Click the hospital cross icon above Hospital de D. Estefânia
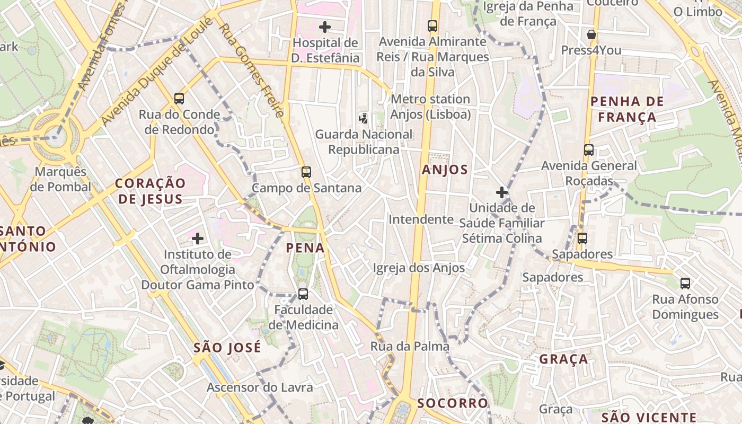[325, 26]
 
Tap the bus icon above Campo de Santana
[306, 172]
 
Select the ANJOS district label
[445, 170]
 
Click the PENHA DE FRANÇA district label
[626, 109]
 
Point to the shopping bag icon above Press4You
[591, 35]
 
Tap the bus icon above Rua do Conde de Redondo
[179, 98]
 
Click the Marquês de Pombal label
[60, 179]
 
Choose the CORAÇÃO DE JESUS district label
[151, 191]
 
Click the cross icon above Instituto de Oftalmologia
[198, 238]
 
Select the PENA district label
[305, 248]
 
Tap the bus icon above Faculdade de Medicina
[303, 294]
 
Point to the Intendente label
[421, 219]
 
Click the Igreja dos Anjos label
[419, 268]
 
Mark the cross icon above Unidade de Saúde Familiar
[502, 192]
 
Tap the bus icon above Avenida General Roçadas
[589, 150]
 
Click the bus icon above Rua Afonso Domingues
[685, 284]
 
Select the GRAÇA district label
[563, 359]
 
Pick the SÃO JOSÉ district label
[227, 348]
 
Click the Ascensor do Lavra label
[260, 387]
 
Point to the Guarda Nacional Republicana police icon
[364, 118]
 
